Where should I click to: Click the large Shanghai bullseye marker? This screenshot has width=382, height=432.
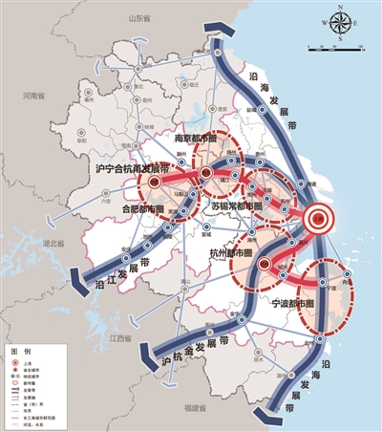[x=322, y=220]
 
